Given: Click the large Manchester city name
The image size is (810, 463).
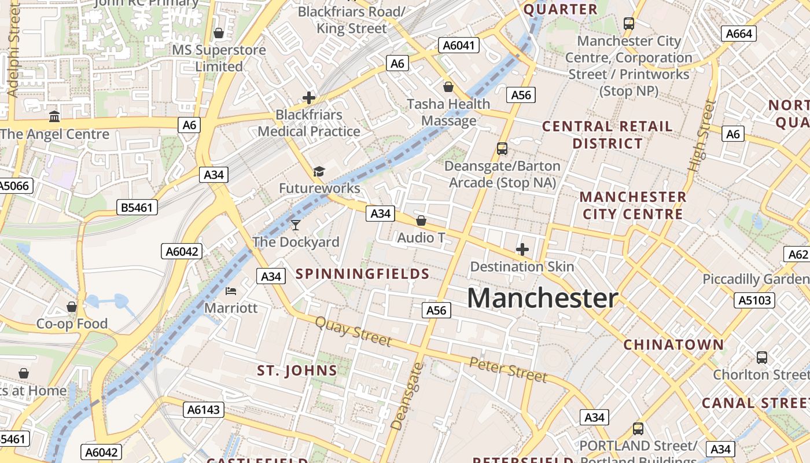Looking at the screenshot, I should [542, 298].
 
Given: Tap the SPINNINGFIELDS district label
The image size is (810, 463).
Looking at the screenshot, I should [363, 274].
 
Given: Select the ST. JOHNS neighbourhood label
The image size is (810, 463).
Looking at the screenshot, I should [297, 370].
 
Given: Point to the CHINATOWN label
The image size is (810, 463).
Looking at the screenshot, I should [673, 345].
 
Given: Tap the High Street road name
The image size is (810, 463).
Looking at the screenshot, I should [701, 136].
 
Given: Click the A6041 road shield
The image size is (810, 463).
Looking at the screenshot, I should [459, 46].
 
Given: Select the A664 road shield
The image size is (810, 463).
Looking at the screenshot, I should [739, 34].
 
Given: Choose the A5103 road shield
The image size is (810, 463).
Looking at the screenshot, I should [754, 300].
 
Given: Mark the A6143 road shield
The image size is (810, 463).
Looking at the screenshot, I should [204, 410].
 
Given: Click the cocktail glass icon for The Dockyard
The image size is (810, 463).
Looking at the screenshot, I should [296, 225].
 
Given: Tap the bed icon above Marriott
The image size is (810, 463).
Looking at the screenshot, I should [231, 291].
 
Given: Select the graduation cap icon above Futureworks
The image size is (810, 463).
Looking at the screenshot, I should [319, 171].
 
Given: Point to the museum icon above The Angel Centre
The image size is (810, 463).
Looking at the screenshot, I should [54, 117].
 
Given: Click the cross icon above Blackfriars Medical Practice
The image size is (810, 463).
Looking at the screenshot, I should [309, 98].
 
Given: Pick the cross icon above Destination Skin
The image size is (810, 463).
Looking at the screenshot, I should [522, 249].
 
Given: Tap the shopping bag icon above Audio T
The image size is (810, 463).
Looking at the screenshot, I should [421, 221].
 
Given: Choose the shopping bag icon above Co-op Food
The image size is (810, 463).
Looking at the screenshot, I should [72, 306].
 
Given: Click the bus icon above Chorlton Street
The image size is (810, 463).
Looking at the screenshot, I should [761, 358].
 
